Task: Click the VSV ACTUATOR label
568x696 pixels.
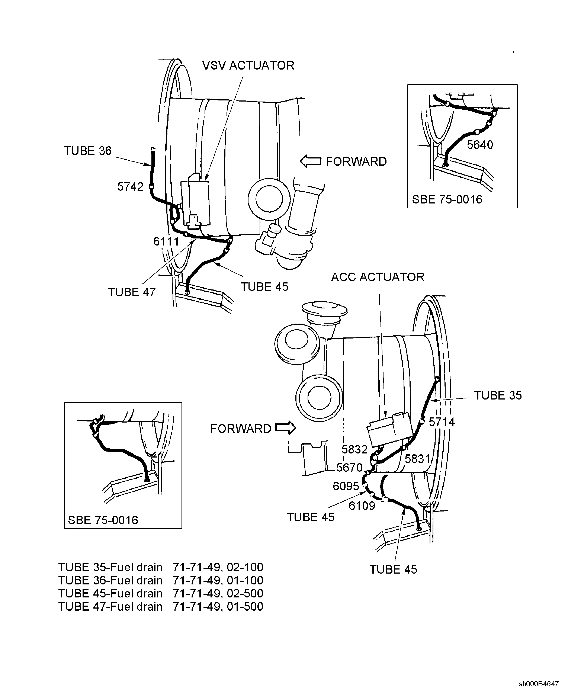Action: (248, 65)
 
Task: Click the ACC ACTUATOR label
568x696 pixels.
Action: (378, 277)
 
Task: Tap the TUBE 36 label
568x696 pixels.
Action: (87, 151)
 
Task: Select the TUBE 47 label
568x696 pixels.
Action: (132, 292)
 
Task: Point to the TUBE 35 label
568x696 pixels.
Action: (498, 396)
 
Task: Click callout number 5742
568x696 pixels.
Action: (130, 187)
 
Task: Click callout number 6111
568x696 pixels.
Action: (166, 242)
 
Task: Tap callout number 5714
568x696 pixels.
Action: (442, 422)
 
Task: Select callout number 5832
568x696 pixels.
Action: (355, 450)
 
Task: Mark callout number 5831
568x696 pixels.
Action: (417, 459)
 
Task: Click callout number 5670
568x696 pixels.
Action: (349, 468)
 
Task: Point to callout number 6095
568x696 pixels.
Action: (346, 486)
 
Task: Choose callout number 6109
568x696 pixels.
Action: (362, 506)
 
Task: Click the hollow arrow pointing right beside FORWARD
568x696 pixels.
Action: (285, 428)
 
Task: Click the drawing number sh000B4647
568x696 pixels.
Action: (538, 684)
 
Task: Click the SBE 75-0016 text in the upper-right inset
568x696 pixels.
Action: (447, 200)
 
